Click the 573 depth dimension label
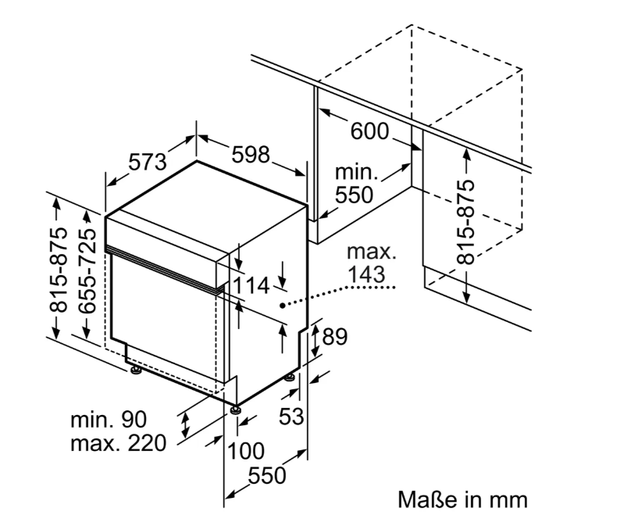point(148,162)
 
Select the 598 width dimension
point(251,155)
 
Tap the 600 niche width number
point(370,131)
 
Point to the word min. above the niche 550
point(357,173)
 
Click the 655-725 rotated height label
point(87,271)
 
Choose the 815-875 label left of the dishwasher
point(59,270)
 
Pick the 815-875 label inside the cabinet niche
point(466,222)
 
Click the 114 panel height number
point(251,285)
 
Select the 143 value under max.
point(366,274)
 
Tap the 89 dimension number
point(334,337)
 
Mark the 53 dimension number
point(291,417)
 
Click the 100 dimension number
point(246,451)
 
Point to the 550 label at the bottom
point(267,476)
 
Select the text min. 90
point(109,420)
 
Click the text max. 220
point(119,443)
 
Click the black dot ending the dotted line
point(283,306)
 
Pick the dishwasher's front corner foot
point(235,410)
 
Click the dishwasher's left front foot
point(135,370)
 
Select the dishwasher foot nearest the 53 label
point(290,378)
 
